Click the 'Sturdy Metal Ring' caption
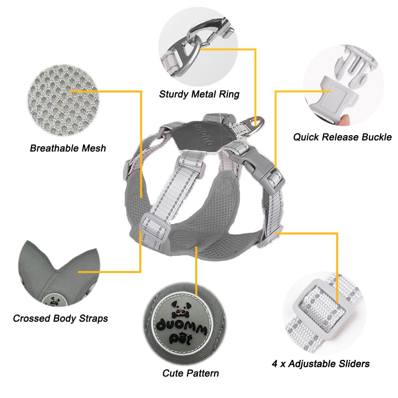click(x=199, y=94)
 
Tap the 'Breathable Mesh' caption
click(x=68, y=148)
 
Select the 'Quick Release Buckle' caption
click(x=342, y=137)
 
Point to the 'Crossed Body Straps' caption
click(x=60, y=318)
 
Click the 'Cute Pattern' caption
click(x=190, y=373)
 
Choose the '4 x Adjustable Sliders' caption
click(x=321, y=363)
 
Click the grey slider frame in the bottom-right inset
click(x=318, y=306)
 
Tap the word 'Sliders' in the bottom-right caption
click(x=351, y=363)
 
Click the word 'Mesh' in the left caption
click(x=93, y=148)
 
